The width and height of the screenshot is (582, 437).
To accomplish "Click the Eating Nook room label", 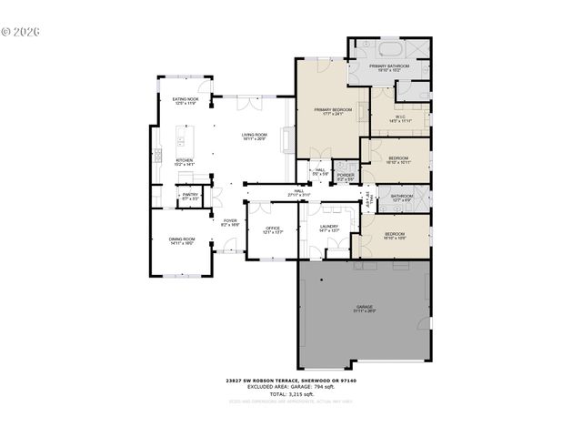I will click(186, 102).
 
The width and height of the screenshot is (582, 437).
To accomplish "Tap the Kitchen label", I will click(185, 162).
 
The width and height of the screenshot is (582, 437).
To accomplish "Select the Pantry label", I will click(189, 196).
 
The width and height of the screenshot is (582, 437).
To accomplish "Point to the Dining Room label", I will click(182, 241).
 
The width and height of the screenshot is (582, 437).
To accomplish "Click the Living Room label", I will click(254, 137).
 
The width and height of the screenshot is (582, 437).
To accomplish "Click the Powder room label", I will click(346, 178).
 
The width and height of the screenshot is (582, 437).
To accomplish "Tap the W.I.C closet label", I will click(401, 118).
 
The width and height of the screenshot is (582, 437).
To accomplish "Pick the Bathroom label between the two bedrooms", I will click(402, 198).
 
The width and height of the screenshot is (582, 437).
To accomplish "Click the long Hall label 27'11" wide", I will click(298, 193).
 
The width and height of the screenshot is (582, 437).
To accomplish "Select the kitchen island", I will click(181, 140).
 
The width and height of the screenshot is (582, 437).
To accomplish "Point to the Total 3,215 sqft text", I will click(290, 393).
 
